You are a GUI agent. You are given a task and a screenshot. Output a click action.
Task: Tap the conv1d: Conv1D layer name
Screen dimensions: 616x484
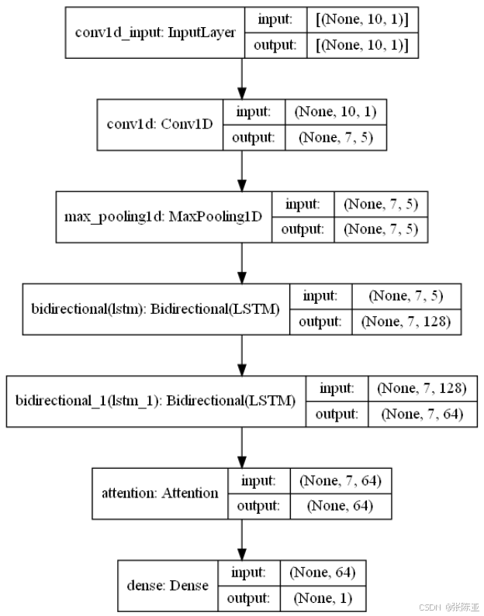tap(160, 125)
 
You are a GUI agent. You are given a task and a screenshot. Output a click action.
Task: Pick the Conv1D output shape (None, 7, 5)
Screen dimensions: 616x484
tap(334, 138)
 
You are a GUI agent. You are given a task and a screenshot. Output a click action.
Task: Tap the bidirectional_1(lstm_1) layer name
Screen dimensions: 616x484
tap(156, 401)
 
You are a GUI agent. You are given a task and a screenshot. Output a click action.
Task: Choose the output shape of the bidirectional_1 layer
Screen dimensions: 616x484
tap(422, 415)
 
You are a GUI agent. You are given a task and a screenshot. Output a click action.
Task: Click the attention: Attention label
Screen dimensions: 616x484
tap(160, 493)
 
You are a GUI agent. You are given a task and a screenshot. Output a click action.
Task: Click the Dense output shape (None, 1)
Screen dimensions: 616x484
tap(323, 598)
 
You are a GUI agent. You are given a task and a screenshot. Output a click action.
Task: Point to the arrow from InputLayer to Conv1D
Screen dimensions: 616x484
tap(243, 78)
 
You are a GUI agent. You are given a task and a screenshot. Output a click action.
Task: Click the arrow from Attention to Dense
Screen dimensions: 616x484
tap(243, 539)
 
